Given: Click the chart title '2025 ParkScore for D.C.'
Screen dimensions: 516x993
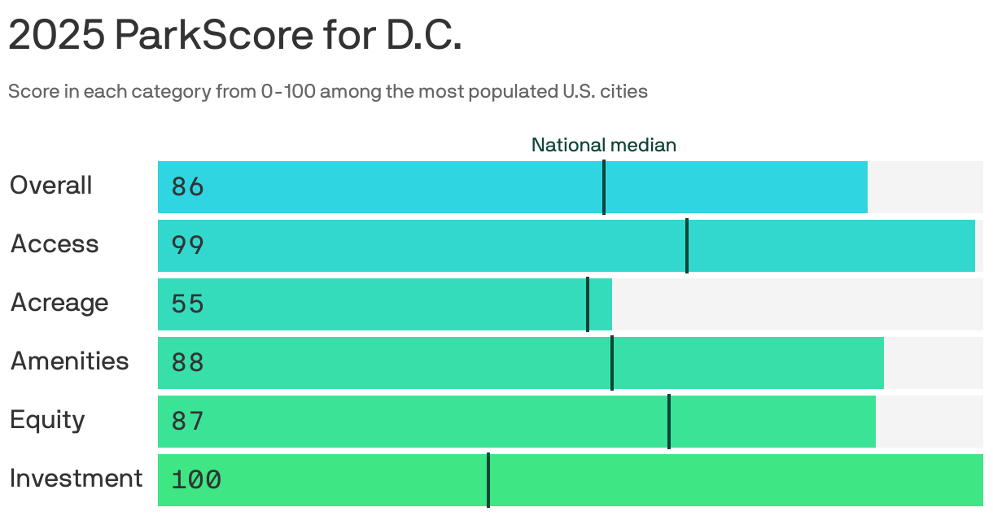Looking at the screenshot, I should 235,37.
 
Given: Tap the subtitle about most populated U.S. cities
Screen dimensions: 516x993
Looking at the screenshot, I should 328,91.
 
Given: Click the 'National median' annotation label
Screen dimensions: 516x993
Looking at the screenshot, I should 603,145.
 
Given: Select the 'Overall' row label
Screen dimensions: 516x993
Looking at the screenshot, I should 50,186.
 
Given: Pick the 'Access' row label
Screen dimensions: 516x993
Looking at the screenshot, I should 54,244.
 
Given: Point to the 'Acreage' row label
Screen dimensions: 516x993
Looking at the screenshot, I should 59,303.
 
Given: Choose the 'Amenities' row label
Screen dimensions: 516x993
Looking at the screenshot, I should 69,361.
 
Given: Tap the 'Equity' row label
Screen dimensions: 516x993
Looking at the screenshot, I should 47,420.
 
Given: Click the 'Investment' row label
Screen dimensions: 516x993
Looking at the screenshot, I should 76,479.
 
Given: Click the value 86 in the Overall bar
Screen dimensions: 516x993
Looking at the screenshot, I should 187,187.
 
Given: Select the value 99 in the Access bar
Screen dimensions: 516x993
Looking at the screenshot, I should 187,246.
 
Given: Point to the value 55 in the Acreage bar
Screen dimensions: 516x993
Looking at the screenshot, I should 187,304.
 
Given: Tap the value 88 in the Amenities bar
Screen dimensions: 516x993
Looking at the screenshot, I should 187,363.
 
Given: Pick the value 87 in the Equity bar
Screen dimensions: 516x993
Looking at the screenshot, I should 187,422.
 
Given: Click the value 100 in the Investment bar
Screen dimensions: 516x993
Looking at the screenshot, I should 196,480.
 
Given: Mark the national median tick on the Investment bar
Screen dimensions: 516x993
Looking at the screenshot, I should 488,480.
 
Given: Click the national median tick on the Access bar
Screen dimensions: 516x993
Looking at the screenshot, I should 687,246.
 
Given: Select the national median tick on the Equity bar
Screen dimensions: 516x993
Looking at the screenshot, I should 669,422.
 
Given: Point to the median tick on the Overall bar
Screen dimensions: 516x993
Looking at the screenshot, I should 604,187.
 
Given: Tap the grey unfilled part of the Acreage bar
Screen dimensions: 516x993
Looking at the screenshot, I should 798,304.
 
